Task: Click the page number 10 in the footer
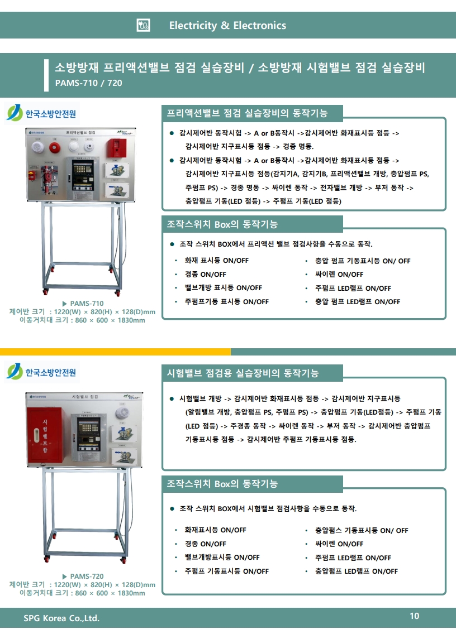[414, 616]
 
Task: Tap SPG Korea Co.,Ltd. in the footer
[61, 618]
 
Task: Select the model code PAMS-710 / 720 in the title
[88, 83]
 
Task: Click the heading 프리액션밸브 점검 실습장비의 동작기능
[247, 113]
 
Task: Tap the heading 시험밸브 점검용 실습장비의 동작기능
[243, 373]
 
